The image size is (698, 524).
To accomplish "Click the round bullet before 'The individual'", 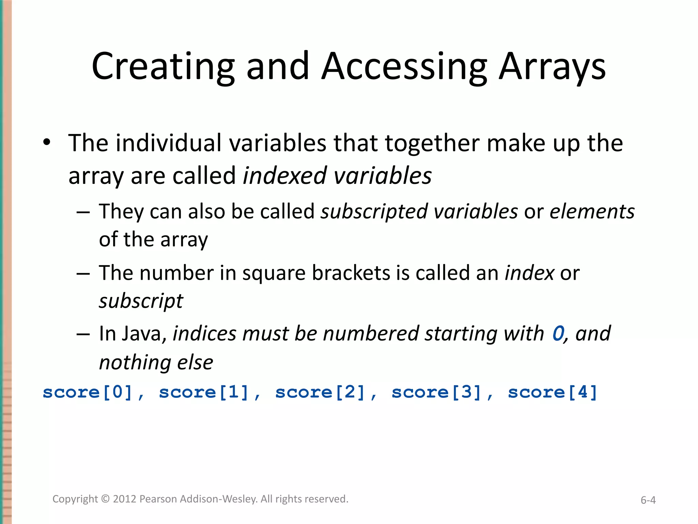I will click(47, 142).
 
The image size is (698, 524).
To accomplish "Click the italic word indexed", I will click(285, 176).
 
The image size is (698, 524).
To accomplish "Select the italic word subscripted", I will click(374, 212).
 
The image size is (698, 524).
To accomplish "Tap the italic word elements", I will click(592, 212).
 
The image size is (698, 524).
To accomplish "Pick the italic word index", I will click(529, 273).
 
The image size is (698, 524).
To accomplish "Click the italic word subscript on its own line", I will click(141, 301).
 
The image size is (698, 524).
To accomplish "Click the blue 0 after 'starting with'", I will click(558, 334).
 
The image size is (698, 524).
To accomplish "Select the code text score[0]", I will click(88, 392).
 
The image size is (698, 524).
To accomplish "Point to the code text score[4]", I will click(552, 392).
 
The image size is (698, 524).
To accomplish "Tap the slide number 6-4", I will click(648, 500).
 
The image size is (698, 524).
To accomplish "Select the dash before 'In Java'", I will click(83, 334).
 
